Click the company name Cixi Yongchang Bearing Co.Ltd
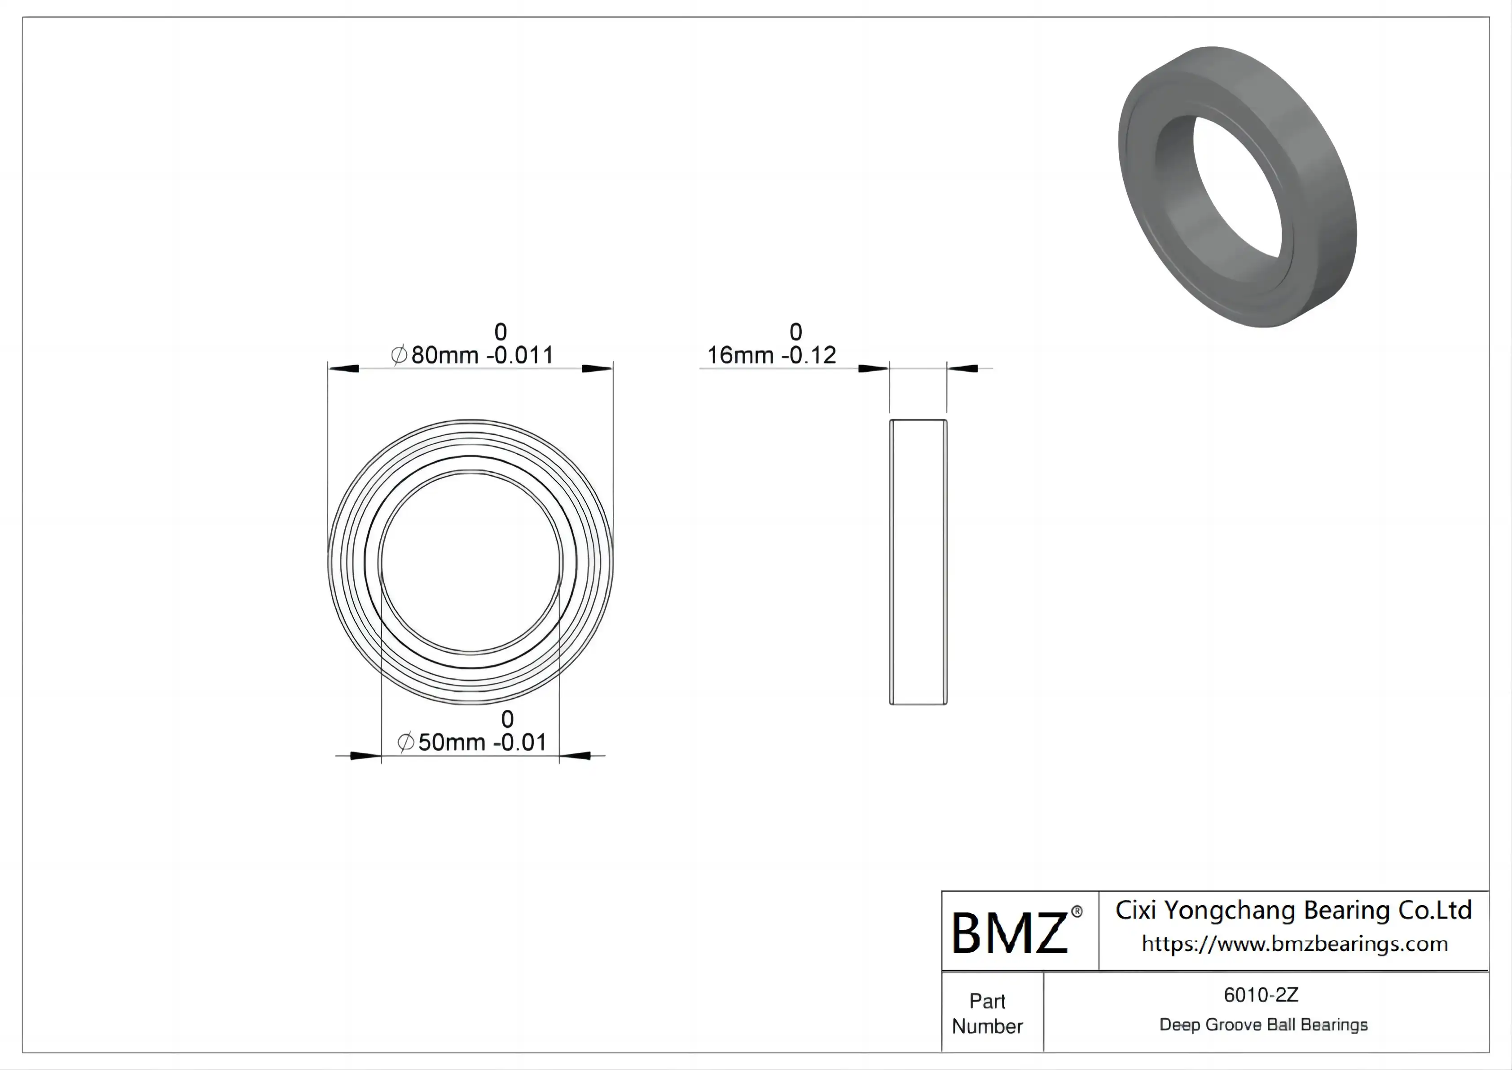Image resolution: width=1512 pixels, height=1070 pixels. tap(1293, 911)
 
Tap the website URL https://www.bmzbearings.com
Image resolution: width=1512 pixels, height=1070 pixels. tap(1295, 944)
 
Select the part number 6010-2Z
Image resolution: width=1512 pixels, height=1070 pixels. tap(1261, 995)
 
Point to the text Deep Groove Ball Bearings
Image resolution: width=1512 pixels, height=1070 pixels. tap(1263, 1025)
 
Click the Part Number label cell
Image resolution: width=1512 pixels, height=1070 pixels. tap(987, 1013)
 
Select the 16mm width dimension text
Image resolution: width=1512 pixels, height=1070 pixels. tap(771, 355)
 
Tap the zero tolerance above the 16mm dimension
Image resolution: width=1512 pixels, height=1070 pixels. tap(796, 332)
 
